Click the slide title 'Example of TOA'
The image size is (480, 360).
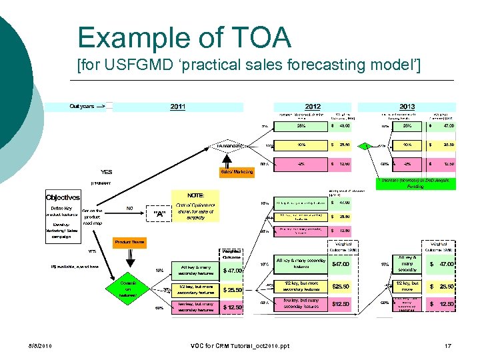[x=184, y=37]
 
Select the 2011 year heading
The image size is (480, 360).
[x=177, y=107]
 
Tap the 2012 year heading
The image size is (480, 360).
[x=312, y=107]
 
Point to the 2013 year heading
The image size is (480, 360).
[x=407, y=107]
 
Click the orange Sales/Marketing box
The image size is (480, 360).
[x=237, y=171]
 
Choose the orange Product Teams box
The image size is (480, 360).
[x=129, y=241]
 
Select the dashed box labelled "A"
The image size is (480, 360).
[x=159, y=214]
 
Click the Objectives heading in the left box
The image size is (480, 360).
[x=63, y=197]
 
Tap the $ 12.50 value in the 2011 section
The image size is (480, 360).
[x=232, y=307]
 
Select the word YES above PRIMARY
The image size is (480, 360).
[x=106, y=171]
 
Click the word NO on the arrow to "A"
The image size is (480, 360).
[x=131, y=207]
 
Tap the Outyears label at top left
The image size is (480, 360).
[x=81, y=106]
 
